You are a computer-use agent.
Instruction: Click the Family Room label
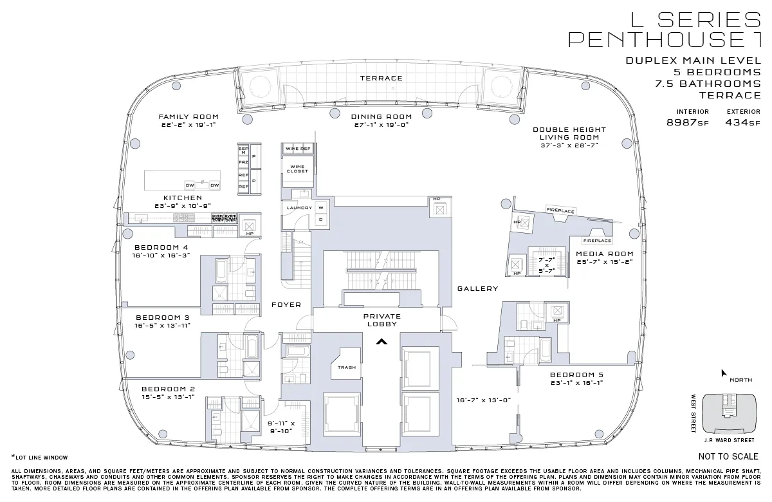coord(188,117)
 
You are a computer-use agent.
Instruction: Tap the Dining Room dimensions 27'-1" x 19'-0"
coord(381,125)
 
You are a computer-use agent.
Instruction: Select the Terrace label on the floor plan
coord(381,78)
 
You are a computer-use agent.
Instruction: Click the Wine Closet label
coord(297,169)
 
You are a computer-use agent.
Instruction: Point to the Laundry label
coord(299,208)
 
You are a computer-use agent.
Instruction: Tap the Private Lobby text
coord(381,320)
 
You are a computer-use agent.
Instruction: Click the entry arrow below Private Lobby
coord(381,342)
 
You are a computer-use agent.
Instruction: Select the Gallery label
coord(478,289)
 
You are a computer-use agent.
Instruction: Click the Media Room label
coord(605,254)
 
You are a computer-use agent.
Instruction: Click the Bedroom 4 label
coord(161,247)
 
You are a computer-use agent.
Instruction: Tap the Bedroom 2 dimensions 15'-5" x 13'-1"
coord(168,396)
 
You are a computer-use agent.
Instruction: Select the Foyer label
coord(286,304)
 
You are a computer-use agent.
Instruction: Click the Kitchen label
coord(183,198)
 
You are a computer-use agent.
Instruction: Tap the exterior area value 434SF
coord(742,123)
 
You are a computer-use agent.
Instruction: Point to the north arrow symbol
coord(724,373)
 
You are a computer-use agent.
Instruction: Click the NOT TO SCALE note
coord(728,457)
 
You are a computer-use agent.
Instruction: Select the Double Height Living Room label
coord(569,133)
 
